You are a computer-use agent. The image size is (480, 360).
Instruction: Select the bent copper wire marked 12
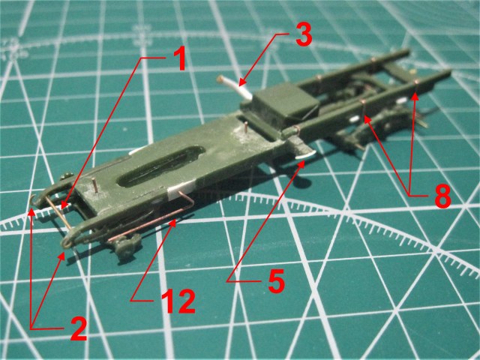pyautogui.click(x=150, y=225)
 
